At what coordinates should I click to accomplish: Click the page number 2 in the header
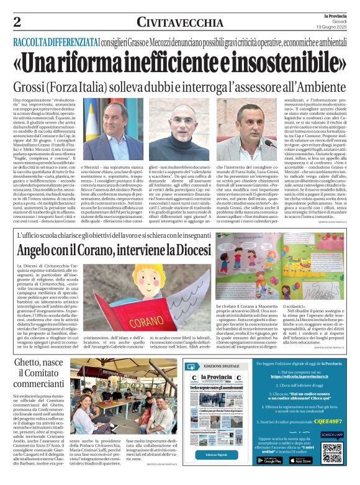coord(17,21)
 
